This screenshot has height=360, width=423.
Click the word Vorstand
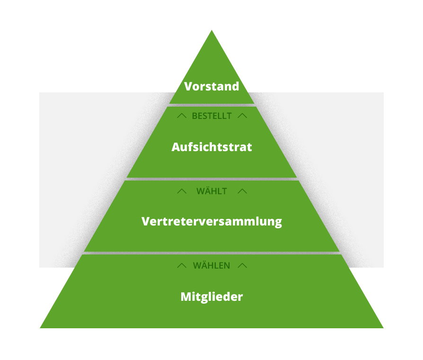211,87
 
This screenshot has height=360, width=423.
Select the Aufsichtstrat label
211,147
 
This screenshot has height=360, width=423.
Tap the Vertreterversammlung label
211,221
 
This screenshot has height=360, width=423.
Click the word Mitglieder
211,297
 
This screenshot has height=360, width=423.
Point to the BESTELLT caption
211,116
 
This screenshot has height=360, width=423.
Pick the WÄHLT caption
211,191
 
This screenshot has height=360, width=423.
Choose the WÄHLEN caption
211,266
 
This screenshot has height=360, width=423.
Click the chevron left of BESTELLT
182,116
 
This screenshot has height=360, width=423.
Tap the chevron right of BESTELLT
242,116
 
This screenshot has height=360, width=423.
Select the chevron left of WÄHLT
182,191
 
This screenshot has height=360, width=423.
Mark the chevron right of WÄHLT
242,191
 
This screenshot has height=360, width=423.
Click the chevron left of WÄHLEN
182,266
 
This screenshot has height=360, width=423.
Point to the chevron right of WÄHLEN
242,266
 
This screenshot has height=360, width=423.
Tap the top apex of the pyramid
211,32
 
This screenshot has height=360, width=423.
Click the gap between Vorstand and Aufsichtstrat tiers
211,105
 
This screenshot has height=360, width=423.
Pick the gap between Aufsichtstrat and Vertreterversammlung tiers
211,179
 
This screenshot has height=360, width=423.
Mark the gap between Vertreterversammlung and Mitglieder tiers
211,253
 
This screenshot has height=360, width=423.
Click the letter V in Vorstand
188,87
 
